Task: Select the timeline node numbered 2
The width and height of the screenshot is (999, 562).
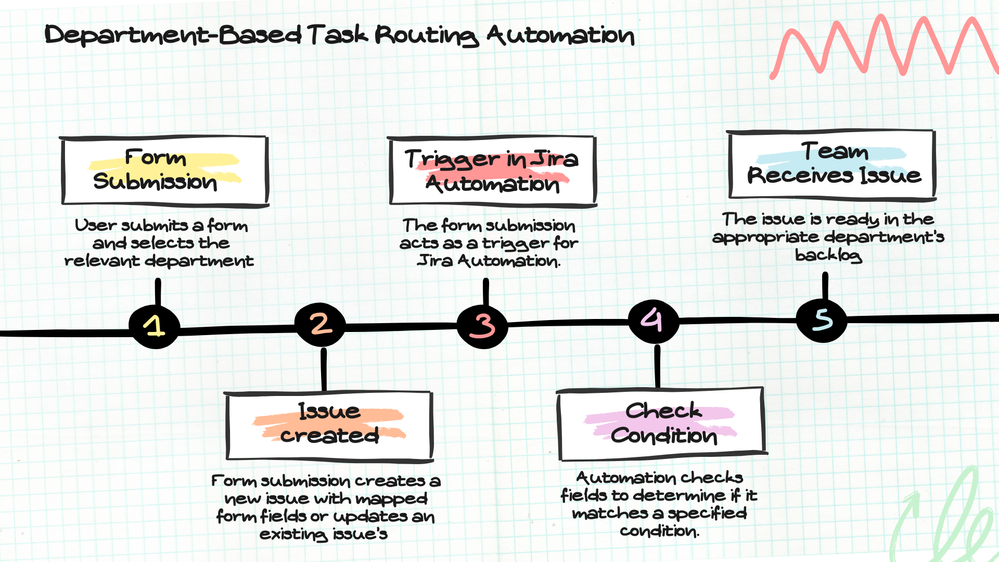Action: (x=321, y=324)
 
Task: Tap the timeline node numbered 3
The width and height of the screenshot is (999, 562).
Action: (x=484, y=325)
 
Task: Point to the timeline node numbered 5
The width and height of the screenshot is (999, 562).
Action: (x=822, y=320)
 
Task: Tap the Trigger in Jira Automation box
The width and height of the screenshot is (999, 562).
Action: (x=485, y=171)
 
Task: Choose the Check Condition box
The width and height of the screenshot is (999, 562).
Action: (x=664, y=423)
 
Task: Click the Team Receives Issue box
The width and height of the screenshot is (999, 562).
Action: (x=835, y=164)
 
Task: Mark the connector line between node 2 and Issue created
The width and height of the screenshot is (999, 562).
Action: (x=322, y=369)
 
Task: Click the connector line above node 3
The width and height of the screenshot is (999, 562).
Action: (x=485, y=291)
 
